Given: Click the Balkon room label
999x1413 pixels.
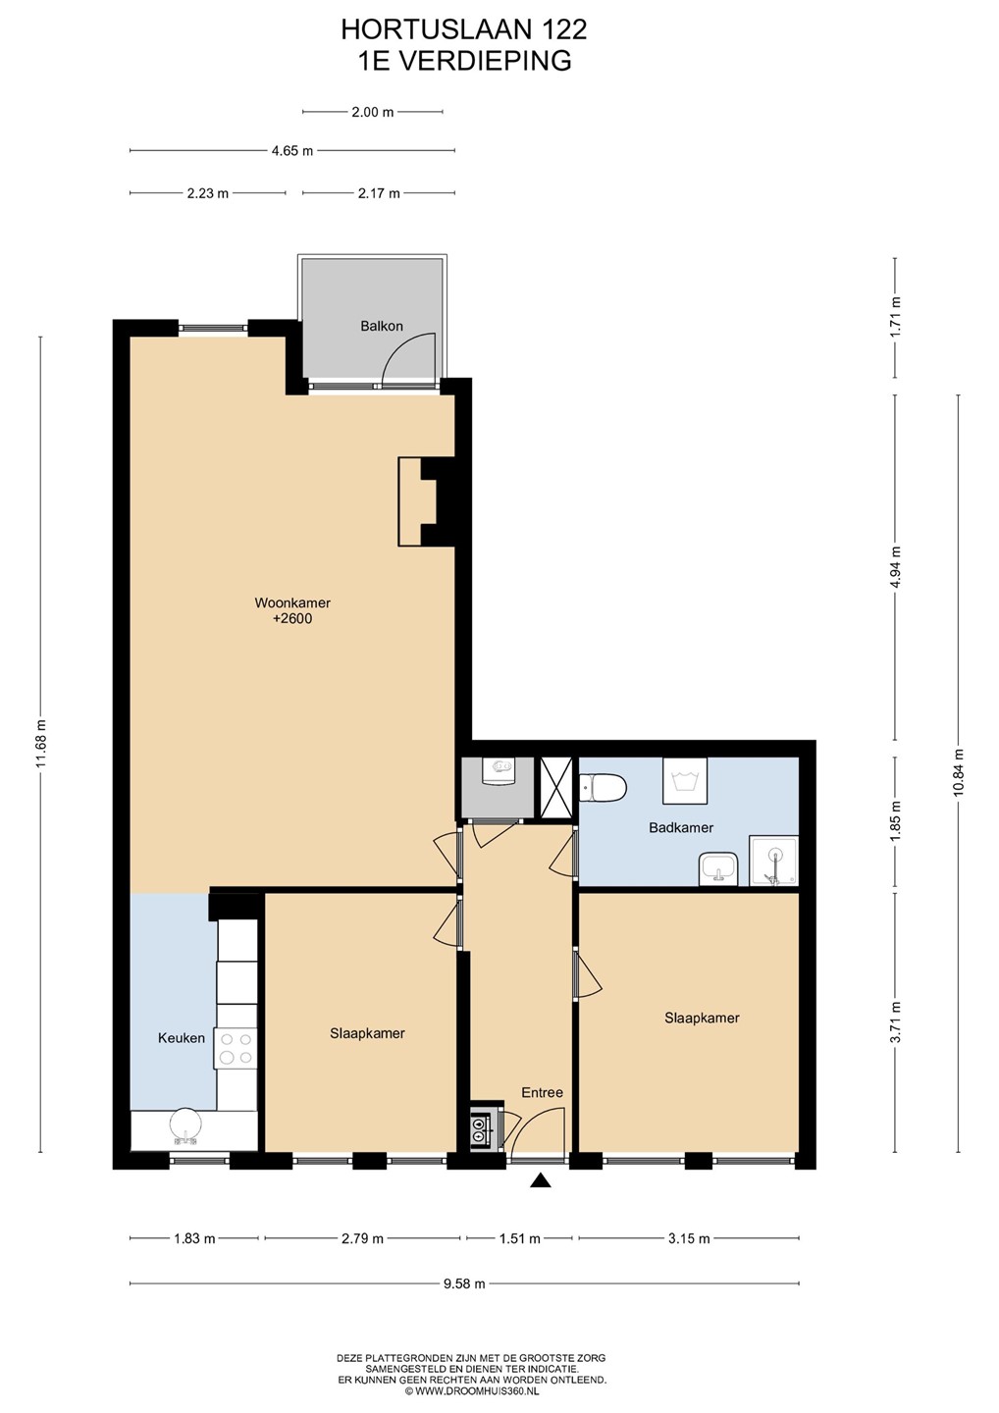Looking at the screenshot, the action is (x=382, y=326).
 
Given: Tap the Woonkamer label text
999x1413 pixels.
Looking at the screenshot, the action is (x=292, y=602).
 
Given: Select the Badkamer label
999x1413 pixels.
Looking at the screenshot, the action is (x=681, y=827).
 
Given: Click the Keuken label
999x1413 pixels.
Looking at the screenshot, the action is (x=182, y=1038).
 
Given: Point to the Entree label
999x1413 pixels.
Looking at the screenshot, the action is (x=543, y=1092).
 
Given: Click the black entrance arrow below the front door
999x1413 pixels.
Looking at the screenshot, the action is (x=541, y=1180).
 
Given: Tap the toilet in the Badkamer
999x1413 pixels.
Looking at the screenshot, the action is (x=603, y=789).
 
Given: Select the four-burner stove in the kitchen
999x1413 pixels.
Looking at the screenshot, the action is (x=236, y=1048).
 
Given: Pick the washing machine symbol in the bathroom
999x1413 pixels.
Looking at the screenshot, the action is (x=684, y=781).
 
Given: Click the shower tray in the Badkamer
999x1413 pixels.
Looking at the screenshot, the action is (x=774, y=862).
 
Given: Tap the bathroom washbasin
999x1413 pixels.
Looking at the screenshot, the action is (x=718, y=869).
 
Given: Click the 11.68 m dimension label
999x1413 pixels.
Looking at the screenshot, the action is (x=41, y=745).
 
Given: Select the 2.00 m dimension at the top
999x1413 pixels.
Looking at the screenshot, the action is (x=373, y=112).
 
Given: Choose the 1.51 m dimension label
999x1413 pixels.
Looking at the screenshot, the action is (x=520, y=1238).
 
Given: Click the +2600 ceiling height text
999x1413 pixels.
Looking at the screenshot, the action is (x=292, y=619).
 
